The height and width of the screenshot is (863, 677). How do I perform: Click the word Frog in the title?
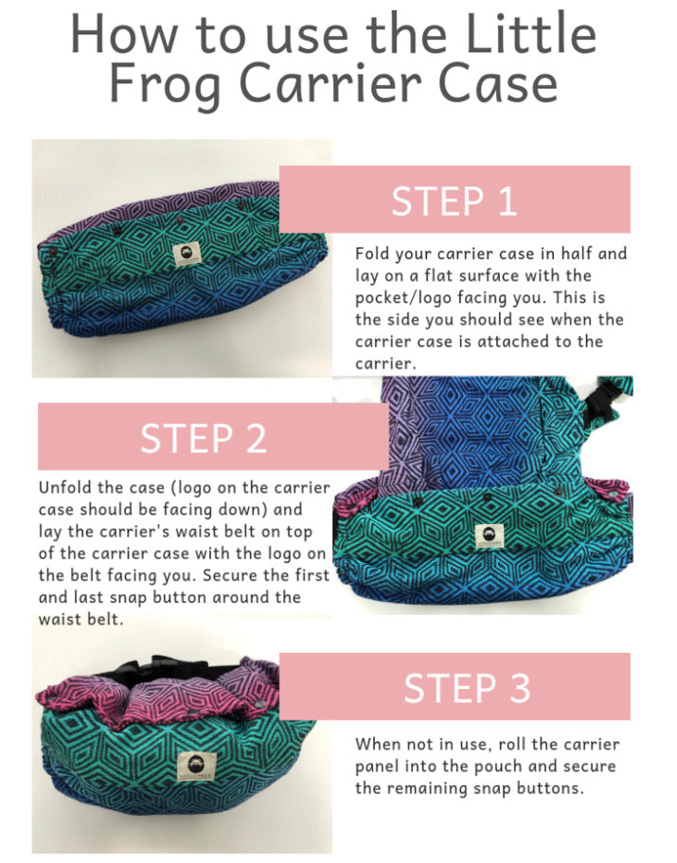(x=166, y=84)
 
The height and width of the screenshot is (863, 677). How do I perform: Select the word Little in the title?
(x=531, y=33)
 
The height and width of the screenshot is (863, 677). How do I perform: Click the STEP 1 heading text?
(x=454, y=201)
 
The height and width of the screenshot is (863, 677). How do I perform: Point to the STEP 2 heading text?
(x=204, y=438)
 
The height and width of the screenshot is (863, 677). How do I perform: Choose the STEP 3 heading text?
(x=467, y=688)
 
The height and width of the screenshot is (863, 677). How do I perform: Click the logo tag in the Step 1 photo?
(x=187, y=255)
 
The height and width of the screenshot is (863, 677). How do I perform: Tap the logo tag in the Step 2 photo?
(x=490, y=536)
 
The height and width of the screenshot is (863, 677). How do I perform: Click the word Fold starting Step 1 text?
(x=372, y=254)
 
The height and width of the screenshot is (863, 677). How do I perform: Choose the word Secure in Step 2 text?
(x=230, y=575)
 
